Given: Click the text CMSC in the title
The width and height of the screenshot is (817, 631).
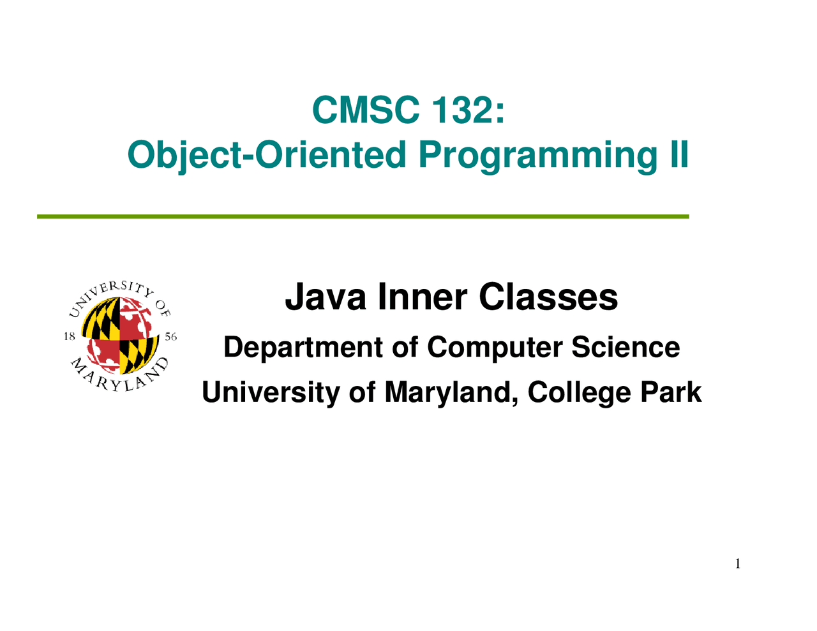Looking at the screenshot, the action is coord(365,109).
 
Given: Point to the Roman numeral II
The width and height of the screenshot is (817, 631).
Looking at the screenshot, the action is coord(679,154).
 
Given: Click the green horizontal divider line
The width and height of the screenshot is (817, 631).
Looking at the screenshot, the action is coord(363,216).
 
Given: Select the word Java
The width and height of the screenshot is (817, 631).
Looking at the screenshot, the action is coord(326,297).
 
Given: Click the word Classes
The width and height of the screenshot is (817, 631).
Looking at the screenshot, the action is coord(548,297).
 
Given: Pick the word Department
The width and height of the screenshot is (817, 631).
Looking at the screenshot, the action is coord(303,348).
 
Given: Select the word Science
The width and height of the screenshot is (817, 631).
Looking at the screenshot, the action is coord(626,347).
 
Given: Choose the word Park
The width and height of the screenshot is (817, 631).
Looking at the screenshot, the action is coord(671,392).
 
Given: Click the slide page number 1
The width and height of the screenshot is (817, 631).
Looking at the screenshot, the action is coord(738,564).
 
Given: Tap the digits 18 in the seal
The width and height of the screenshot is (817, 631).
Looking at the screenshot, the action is coord(70,336).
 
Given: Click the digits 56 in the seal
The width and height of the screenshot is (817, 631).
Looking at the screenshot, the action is coord(170,337).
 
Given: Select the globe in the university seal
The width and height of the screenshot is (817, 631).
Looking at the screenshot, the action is coord(120,336).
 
